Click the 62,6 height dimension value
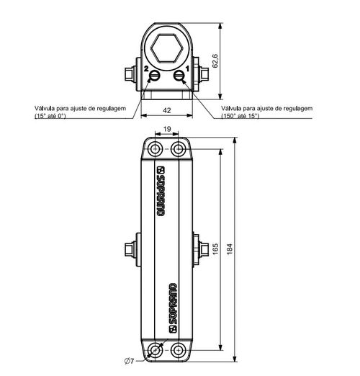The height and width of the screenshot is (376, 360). [215, 61]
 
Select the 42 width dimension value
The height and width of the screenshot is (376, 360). [167, 110]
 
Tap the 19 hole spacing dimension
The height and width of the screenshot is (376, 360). [167, 129]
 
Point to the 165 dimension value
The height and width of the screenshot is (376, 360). [215, 249]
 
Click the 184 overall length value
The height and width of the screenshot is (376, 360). [230, 249]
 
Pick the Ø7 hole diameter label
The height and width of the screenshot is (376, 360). [129, 361]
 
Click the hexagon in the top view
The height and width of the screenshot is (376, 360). [166, 49]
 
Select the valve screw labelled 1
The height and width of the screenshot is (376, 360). [179, 76]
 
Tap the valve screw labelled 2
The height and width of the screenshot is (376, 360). [154, 76]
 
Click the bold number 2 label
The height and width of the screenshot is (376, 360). [146, 68]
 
